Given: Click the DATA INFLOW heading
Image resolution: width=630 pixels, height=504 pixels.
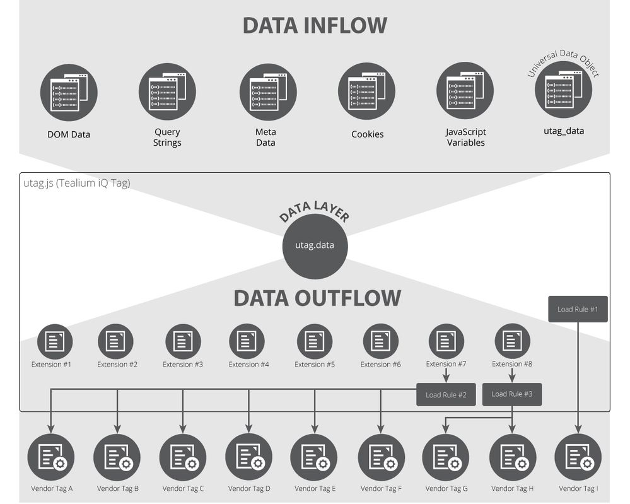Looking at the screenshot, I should point(315,25).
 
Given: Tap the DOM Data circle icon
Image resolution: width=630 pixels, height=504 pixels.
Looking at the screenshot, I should point(69,92).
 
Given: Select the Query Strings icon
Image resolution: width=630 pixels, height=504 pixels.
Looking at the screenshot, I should point(167,92).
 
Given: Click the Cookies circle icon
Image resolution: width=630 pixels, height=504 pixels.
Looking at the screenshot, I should point(367,92).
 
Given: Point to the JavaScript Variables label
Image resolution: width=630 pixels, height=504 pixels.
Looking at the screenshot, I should point(465,138).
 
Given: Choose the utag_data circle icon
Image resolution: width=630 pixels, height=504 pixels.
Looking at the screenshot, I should point(563,90).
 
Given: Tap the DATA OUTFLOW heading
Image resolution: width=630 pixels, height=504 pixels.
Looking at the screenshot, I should point(317,298).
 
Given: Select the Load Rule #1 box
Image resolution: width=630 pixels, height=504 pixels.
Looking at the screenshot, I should point(578,309).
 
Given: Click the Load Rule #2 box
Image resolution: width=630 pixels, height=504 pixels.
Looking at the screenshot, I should point(446,395).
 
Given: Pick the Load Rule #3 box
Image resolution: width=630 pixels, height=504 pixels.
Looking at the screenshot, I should point(511,394).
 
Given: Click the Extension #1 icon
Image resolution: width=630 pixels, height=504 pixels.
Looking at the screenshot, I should point(55,341).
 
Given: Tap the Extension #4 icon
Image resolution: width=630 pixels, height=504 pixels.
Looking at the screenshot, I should point(247,341).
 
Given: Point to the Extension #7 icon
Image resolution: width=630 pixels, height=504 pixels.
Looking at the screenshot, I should point(446,341).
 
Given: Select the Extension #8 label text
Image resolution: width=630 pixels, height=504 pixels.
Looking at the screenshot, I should point(511,364).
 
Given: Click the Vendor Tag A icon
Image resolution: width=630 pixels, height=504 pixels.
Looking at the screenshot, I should point(51,457).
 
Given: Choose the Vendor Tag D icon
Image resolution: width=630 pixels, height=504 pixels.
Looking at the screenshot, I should point(248,457).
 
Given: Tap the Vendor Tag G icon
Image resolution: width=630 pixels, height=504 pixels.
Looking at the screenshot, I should point(446,457).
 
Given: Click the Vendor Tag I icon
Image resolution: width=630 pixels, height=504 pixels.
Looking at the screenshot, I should point(578,457).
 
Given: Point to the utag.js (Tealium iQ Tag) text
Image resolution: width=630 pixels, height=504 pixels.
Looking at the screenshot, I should point(76,184).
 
